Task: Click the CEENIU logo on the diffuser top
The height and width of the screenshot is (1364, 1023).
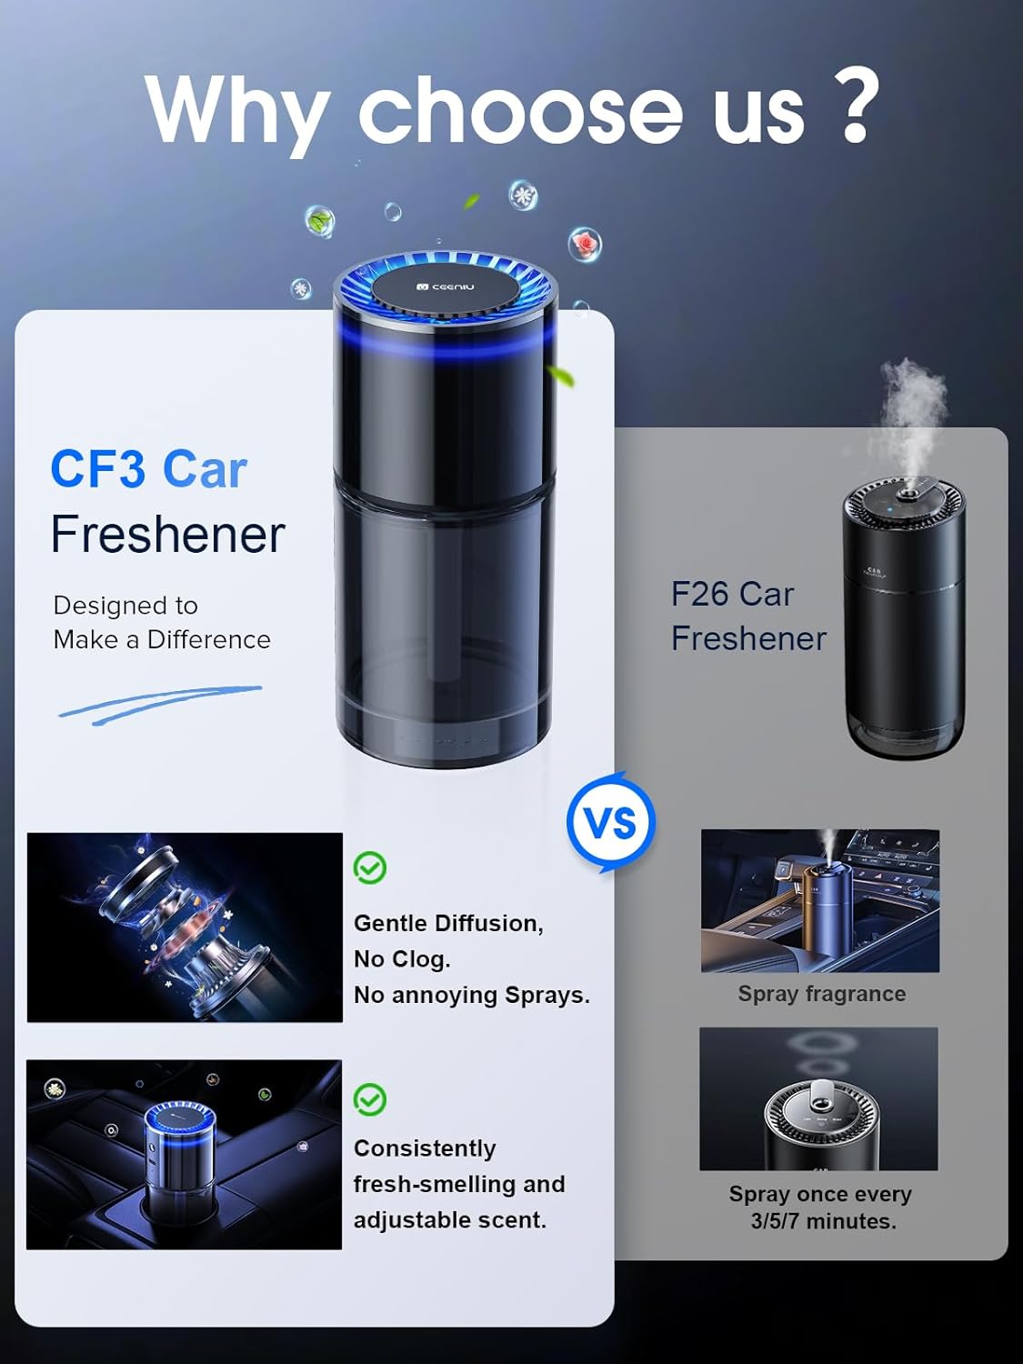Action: pyautogui.click(x=445, y=286)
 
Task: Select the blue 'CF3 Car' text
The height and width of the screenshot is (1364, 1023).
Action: pyautogui.click(x=148, y=469)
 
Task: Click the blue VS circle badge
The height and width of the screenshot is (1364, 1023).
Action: pyautogui.click(x=611, y=823)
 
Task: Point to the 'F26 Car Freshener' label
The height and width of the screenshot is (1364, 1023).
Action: pyautogui.click(x=747, y=616)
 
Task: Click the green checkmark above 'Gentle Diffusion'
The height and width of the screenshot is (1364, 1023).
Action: pyautogui.click(x=370, y=868)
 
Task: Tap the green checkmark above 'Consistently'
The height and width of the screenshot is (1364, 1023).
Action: pyautogui.click(x=370, y=1099)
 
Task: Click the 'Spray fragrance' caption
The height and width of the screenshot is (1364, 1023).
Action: pyautogui.click(x=821, y=994)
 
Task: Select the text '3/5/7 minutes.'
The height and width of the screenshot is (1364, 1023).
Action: pyautogui.click(x=823, y=1221)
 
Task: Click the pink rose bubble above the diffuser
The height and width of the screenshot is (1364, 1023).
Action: pyautogui.click(x=585, y=244)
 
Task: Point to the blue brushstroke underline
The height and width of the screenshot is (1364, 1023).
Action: pyautogui.click(x=160, y=705)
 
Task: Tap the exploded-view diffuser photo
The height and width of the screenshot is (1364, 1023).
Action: pyautogui.click(x=185, y=927)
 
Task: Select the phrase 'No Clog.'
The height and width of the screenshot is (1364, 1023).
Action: pyautogui.click(x=402, y=959)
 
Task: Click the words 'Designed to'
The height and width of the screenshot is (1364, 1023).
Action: pyautogui.click(x=125, y=606)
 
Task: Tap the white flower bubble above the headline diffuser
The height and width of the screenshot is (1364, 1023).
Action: pyautogui.click(x=523, y=196)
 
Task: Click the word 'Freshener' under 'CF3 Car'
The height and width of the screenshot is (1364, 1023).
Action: pyautogui.click(x=168, y=534)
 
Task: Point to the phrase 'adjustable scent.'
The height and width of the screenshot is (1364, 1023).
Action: pyautogui.click(x=449, y=1220)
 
